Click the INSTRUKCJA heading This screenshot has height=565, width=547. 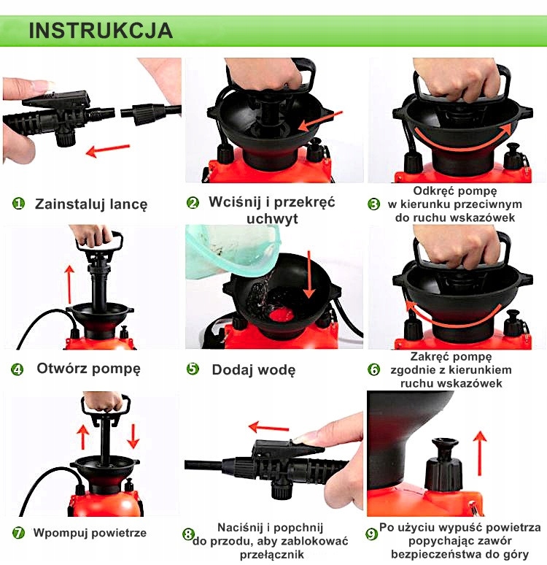[101, 30]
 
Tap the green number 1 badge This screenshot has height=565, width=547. [18, 204]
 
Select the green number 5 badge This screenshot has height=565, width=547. [193, 369]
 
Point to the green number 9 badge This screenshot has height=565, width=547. [372, 534]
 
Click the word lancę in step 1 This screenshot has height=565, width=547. [128, 204]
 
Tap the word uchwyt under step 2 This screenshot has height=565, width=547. [272, 218]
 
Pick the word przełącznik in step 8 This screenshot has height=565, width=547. [272, 554]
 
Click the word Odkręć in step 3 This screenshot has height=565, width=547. [431, 191]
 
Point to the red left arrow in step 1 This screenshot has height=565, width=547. [108, 150]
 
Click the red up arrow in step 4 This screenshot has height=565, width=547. [69, 285]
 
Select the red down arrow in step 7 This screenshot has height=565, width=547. [133, 436]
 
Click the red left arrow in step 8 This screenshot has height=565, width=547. [268, 428]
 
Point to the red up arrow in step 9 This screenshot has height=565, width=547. [479, 453]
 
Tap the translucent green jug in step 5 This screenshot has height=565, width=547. [230, 253]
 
